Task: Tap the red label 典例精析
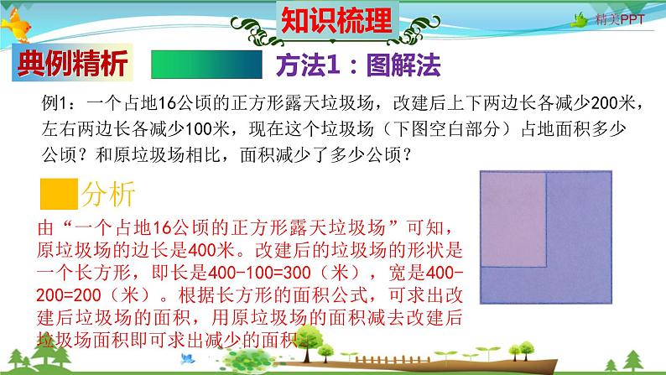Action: (x=72, y=65)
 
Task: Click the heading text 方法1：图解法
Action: (x=358, y=64)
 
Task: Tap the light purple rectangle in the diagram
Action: (x=511, y=217)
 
